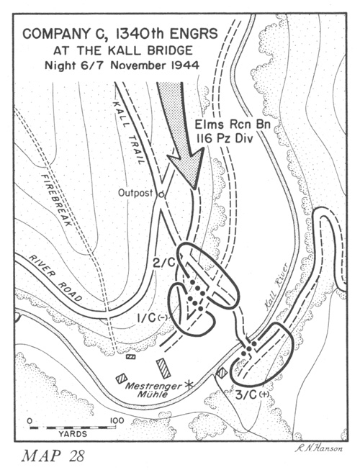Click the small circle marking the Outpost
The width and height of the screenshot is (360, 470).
pos(161,194)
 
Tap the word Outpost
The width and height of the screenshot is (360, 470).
pos(135,193)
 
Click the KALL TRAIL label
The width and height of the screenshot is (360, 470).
pos(128,132)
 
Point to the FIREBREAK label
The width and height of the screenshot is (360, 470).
pos(56,200)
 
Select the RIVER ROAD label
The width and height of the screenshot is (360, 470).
pos(55,279)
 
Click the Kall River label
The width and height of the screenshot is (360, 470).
pos(276,287)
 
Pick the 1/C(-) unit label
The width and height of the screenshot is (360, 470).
pos(152,318)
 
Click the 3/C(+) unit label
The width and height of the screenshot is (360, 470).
pos(253,395)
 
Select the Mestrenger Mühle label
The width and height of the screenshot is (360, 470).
pos(153,389)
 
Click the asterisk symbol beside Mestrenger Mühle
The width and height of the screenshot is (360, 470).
pos(189,384)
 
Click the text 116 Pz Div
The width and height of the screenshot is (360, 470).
pos(224,138)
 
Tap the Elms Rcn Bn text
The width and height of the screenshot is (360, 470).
pos(233,124)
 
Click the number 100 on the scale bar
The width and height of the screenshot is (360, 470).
pos(117,420)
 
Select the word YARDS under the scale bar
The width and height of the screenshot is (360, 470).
pos(73,434)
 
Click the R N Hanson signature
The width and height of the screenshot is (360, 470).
pos(318,448)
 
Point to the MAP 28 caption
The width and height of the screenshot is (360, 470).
pos(53,456)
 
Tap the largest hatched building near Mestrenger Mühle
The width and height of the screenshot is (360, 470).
pos(163,368)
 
